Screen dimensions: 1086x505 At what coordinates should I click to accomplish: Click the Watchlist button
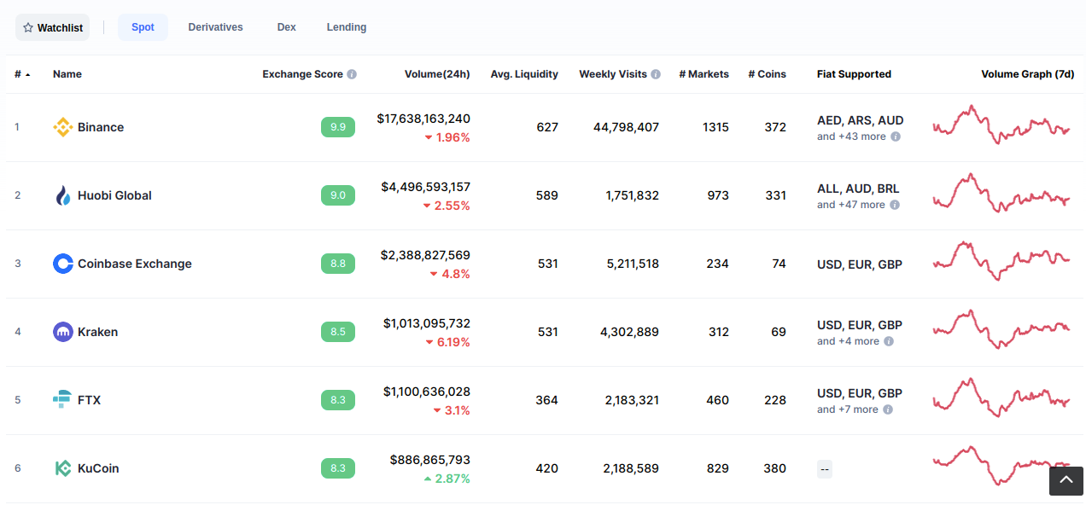(52, 27)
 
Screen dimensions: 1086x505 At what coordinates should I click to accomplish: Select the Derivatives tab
(215, 27)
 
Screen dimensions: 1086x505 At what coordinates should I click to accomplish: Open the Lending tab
(346, 27)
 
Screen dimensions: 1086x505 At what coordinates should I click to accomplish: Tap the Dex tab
(287, 27)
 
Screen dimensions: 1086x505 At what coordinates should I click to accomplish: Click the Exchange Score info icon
(352, 74)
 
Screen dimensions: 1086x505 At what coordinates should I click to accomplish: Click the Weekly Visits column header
(613, 74)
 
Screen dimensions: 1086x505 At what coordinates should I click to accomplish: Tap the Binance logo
(63, 127)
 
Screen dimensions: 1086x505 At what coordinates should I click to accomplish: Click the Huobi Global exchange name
(114, 195)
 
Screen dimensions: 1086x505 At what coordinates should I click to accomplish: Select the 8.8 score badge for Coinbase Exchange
(338, 264)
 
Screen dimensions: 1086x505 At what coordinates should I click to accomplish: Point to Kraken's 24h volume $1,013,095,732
(427, 323)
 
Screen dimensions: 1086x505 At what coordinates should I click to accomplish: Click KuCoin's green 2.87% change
(447, 479)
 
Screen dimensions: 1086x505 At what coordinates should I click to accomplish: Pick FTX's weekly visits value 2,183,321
(632, 400)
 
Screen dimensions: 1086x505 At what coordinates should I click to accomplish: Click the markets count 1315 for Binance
(715, 127)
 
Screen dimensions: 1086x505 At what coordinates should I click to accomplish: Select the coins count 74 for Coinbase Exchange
(779, 264)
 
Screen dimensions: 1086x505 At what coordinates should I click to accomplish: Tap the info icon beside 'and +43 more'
(896, 136)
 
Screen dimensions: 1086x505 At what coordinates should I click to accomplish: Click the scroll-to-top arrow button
(1066, 481)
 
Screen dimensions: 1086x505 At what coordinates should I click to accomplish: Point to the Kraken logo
(63, 332)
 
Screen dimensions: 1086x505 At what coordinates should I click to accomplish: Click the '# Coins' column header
(767, 74)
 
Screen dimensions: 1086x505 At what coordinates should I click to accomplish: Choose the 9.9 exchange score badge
(338, 127)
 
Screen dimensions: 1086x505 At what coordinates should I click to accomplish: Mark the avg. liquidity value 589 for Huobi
(547, 195)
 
